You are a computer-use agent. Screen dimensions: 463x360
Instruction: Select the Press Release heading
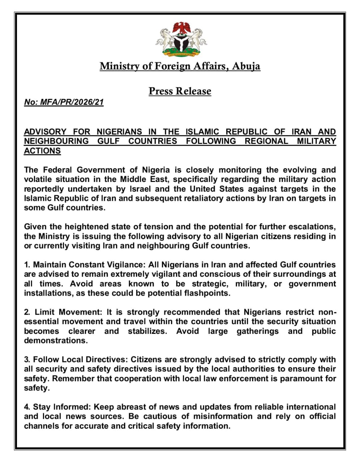point(180,91)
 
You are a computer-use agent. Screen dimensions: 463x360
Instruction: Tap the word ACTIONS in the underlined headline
point(42,151)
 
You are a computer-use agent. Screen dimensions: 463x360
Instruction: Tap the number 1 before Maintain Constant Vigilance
point(26,265)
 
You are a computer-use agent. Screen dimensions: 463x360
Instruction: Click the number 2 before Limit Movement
point(27,312)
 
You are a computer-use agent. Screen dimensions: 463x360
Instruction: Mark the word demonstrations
point(55,340)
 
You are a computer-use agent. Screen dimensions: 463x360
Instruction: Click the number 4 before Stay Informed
point(27,407)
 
